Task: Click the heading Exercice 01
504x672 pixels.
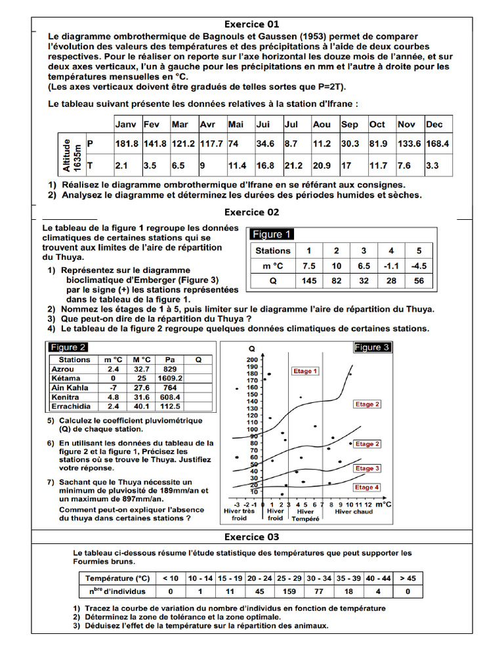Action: [252, 24]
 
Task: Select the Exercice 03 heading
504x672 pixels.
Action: [252, 537]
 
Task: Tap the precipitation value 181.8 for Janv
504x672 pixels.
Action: [127, 144]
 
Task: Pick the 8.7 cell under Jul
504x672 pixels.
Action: [291, 144]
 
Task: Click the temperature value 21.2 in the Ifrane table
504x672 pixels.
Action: [293, 166]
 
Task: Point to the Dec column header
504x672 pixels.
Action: [434, 124]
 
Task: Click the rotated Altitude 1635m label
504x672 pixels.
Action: [70, 154]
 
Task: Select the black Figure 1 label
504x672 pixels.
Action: [272, 234]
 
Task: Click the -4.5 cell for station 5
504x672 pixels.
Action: [419, 266]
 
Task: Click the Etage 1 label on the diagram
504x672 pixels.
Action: [305, 371]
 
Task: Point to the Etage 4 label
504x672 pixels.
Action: [367, 488]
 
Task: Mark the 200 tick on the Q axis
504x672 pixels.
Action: [252, 360]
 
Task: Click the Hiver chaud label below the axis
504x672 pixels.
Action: [354, 511]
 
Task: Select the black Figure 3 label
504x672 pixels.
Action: [372, 347]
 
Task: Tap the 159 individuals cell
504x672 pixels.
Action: [289, 591]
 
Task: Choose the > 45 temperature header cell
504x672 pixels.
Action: [408, 578]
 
